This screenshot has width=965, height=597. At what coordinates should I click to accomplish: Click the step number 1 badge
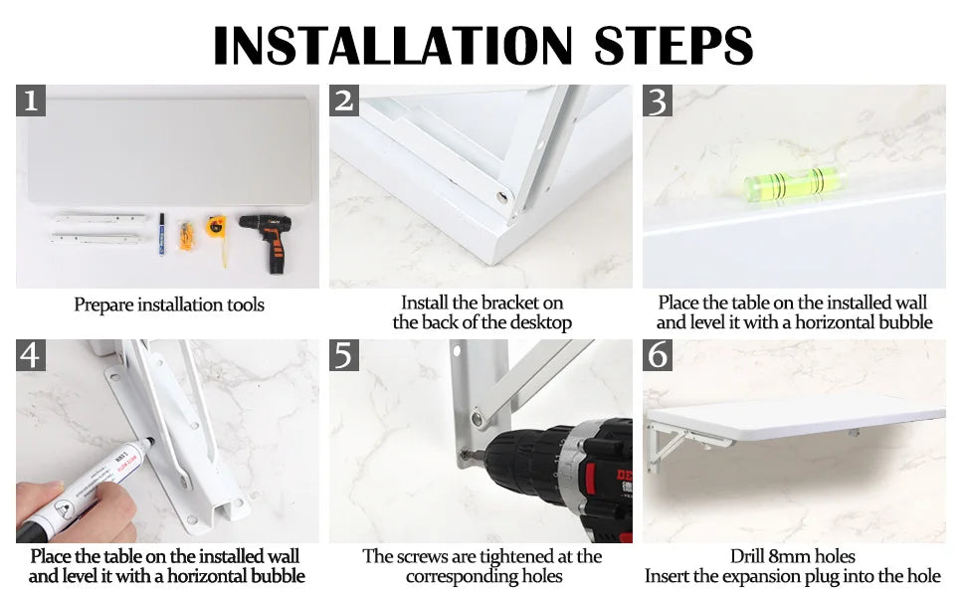point(31,100)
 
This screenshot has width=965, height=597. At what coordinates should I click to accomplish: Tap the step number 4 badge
point(31,355)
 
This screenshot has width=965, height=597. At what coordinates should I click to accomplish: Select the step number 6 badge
point(658,355)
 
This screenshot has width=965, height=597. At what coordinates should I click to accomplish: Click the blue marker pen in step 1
point(162,234)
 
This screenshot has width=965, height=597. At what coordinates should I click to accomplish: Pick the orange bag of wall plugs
point(186,236)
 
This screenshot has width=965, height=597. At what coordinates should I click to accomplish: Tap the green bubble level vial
point(794,183)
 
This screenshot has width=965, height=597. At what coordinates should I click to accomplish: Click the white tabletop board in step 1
point(169,151)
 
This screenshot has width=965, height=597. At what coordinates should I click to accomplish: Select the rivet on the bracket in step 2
point(502,198)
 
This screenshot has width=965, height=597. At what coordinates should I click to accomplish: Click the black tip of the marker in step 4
point(149,442)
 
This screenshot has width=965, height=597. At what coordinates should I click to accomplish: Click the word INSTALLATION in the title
point(392,46)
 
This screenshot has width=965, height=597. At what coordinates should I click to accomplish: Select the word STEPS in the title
point(674,46)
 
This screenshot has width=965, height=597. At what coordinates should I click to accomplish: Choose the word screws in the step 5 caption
point(422,557)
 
